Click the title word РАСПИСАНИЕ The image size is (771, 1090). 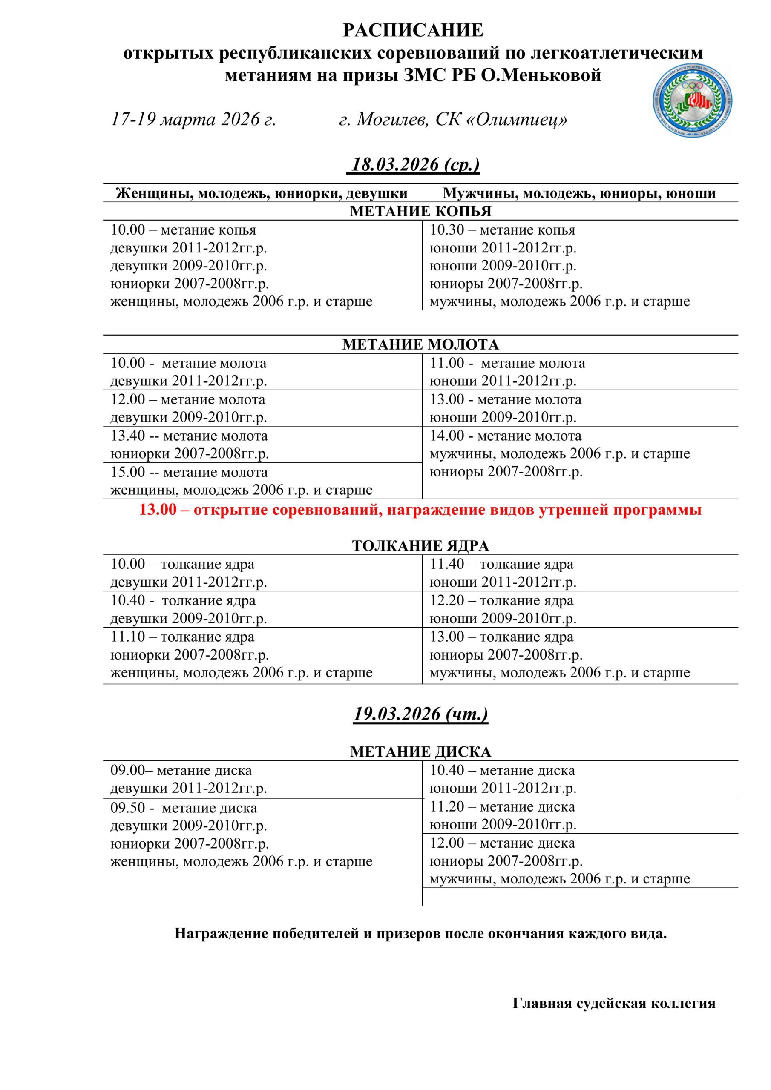[x=413, y=30]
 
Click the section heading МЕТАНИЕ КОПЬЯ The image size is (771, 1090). [x=420, y=211]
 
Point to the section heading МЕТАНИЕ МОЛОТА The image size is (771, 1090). [x=420, y=344]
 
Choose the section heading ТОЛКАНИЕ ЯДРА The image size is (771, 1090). [x=420, y=546]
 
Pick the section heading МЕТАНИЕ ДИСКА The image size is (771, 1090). [x=420, y=752]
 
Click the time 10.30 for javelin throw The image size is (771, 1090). [x=446, y=230]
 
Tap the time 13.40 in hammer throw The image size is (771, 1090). [x=128, y=436]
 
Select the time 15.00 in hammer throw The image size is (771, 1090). [x=128, y=472]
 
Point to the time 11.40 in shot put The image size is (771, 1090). [x=446, y=565]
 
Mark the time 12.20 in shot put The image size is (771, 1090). [x=446, y=600]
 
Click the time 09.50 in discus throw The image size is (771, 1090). [x=128, y=808]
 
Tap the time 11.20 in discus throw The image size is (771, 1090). [x=446, y=806]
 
